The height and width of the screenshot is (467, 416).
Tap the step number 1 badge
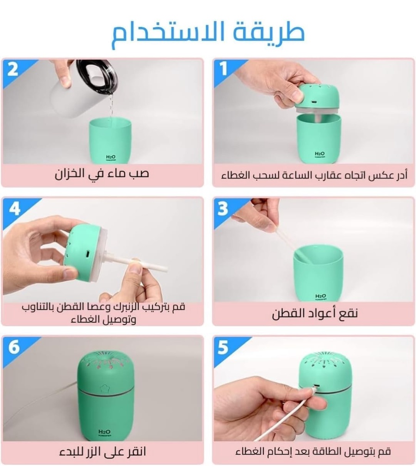point(223,68)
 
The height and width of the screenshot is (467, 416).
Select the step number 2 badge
point(13,69)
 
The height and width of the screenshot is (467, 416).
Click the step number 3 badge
point(223,209)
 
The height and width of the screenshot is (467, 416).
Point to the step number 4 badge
point(14,208)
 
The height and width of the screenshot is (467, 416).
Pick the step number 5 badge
point(223,348)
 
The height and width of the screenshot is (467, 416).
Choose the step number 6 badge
point(14,347)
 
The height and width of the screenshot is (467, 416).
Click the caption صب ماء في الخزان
point(102,173)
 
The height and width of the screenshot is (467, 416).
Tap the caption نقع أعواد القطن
point(314,313)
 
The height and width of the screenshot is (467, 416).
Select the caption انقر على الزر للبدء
point(103,452)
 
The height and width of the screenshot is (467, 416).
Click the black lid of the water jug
point(97,77)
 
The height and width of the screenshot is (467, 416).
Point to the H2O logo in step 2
point(111,157)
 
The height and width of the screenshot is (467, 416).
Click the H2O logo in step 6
point(104,432)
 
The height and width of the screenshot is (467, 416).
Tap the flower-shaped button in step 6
point(104,389)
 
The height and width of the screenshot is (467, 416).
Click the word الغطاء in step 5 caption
point(249,452)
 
